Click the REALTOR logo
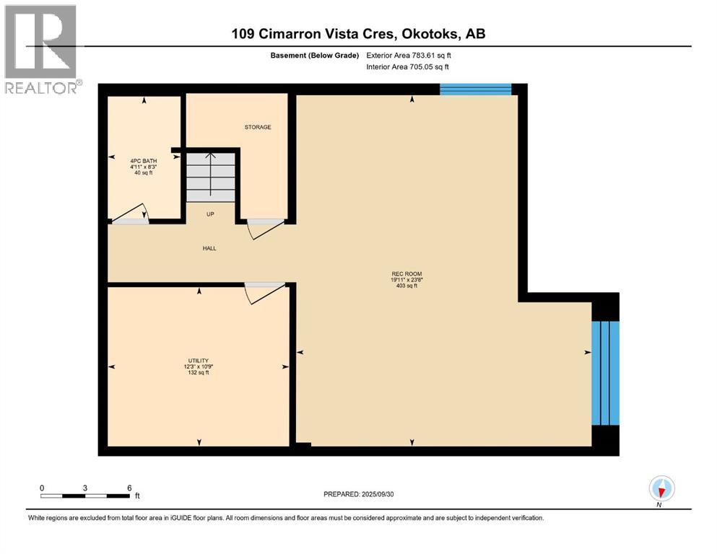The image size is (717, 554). (41, 49)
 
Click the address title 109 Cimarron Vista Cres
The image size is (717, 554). (362, 34)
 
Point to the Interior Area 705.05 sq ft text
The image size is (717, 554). (408, 66)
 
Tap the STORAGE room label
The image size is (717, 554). (257, 127)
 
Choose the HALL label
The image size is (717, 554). (209, 248)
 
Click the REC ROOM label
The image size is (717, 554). (406, 273)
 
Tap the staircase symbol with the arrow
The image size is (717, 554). (211, 177)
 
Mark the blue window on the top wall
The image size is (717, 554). (475, 89)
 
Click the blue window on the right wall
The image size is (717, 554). (605, 372)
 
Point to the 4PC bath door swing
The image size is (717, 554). (131, 214)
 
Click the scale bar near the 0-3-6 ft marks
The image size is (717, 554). (85, 496)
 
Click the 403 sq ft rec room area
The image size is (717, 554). (406, 286)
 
